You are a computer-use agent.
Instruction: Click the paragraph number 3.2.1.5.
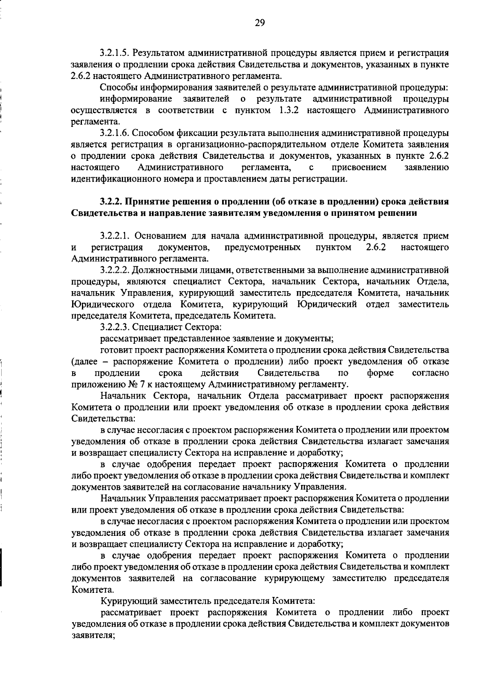point(115,53)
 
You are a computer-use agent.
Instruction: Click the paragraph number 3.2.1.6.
point(115,133)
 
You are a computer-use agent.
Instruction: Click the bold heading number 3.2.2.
point(111,202)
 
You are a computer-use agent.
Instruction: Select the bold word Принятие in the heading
point(143,202)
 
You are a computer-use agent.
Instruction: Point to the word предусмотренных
point(263,247)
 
